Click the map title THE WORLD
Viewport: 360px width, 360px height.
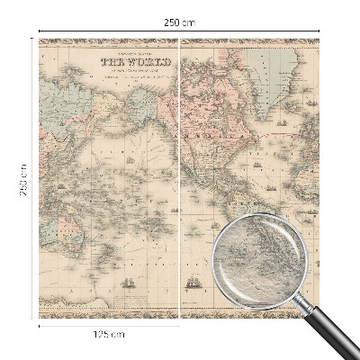point(125,64)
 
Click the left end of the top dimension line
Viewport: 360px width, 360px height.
point(40,31)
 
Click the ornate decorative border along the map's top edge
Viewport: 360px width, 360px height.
point(180,41)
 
